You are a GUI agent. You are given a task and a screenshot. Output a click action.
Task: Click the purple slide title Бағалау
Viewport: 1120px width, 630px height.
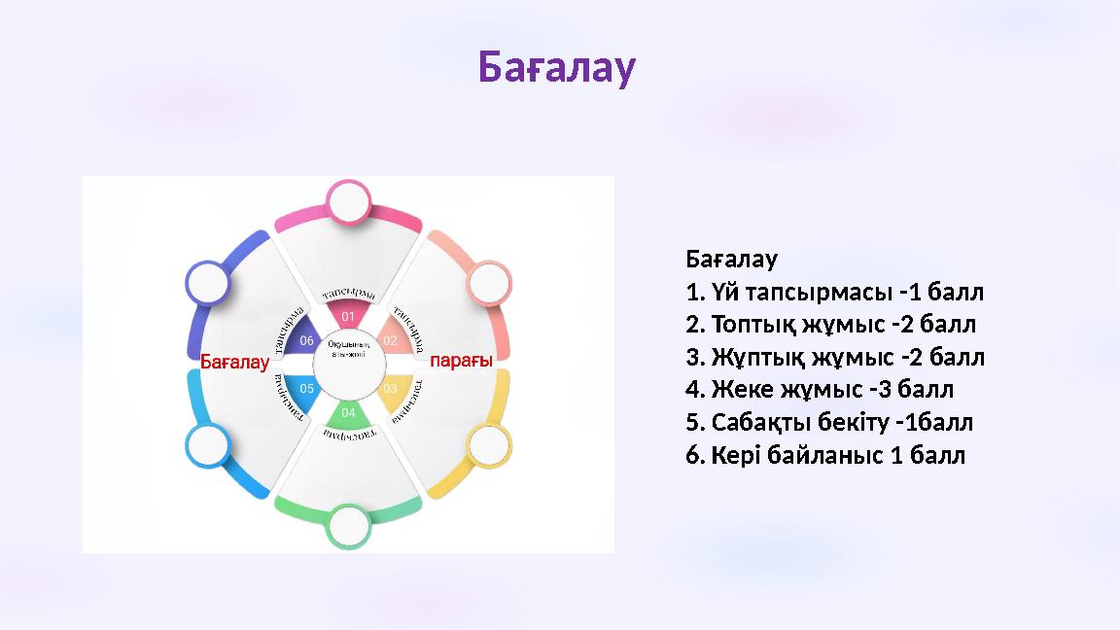557,67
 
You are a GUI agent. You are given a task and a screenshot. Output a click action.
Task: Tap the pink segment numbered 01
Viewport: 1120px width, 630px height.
347,314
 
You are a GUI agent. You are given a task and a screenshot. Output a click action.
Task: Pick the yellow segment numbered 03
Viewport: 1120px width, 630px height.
391,388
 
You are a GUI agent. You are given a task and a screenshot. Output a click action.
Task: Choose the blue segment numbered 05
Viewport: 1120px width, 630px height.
304,388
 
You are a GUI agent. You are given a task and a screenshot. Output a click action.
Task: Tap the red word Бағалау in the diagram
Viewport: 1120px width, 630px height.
234,362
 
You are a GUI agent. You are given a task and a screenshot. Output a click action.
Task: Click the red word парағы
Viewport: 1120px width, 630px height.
462,361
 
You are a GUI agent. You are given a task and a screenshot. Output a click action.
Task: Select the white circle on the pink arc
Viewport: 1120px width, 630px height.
348,202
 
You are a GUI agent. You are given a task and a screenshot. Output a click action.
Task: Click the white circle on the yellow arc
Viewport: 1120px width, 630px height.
488,446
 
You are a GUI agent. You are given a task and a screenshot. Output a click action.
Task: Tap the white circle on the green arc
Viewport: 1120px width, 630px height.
348,526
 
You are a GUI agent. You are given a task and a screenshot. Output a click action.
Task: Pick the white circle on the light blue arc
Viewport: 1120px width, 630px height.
207,446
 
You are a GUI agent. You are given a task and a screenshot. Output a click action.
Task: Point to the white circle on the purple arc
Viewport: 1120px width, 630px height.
207,283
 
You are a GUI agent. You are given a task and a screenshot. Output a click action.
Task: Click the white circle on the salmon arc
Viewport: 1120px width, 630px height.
488,283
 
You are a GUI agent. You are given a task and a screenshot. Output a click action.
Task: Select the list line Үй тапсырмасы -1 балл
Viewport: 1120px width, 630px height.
834,292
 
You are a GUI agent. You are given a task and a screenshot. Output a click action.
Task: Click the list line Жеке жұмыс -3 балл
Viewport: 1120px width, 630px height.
820,390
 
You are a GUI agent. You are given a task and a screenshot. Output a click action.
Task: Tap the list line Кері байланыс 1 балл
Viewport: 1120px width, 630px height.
825,455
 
